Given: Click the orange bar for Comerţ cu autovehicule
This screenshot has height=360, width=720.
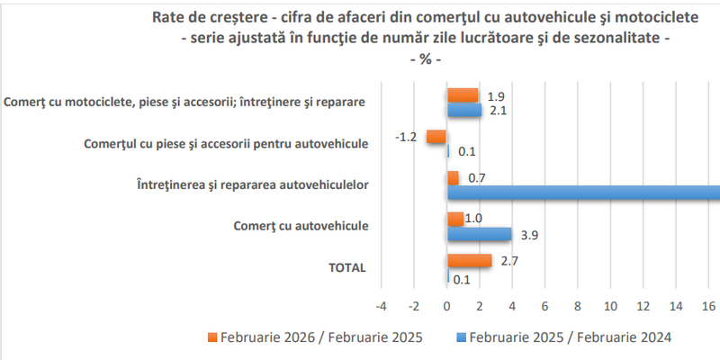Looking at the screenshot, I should (x=456, y=219).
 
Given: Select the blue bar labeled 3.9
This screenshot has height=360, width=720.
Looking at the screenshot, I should (x=480, y=234).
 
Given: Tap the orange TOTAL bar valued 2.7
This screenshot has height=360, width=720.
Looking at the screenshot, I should (x=470, y=260).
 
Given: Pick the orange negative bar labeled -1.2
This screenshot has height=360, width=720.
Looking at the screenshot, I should (x=437, y=137).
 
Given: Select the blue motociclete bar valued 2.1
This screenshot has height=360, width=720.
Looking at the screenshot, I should (x=465, y=110).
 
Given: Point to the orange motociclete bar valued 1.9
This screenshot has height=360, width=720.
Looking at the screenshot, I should (x=463, y=95).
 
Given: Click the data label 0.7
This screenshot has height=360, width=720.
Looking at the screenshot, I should (x=476, y=178).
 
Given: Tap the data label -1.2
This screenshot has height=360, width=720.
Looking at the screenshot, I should (x=405, y=137).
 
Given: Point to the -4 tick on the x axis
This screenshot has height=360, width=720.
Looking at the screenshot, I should (x=382, y=306).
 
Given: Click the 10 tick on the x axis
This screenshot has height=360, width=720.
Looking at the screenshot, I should (x=611, y=306).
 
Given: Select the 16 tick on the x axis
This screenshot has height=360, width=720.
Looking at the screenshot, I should (x=709, y=306).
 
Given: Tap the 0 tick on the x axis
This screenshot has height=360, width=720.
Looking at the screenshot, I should (x=447, y=306).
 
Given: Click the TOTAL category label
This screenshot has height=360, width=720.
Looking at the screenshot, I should (x=346, y=267).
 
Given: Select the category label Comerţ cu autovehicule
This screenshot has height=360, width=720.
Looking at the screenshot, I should (x=301, y=226).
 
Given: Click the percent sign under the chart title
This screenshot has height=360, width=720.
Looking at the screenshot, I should (x=419, y=58).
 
